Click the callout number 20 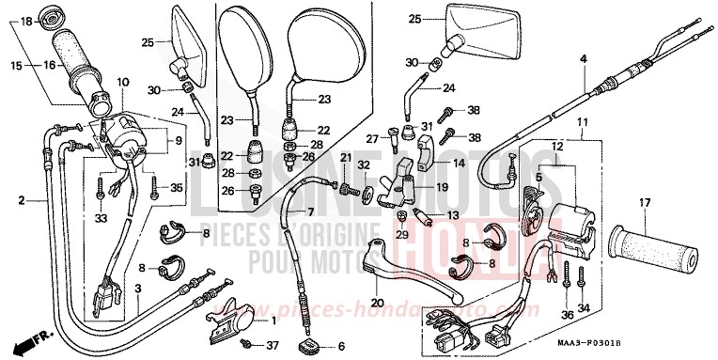(x=377, y=303)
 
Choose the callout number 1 (x=273, y=321)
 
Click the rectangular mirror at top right (x=493, y=28)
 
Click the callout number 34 (x=584, y=309)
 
